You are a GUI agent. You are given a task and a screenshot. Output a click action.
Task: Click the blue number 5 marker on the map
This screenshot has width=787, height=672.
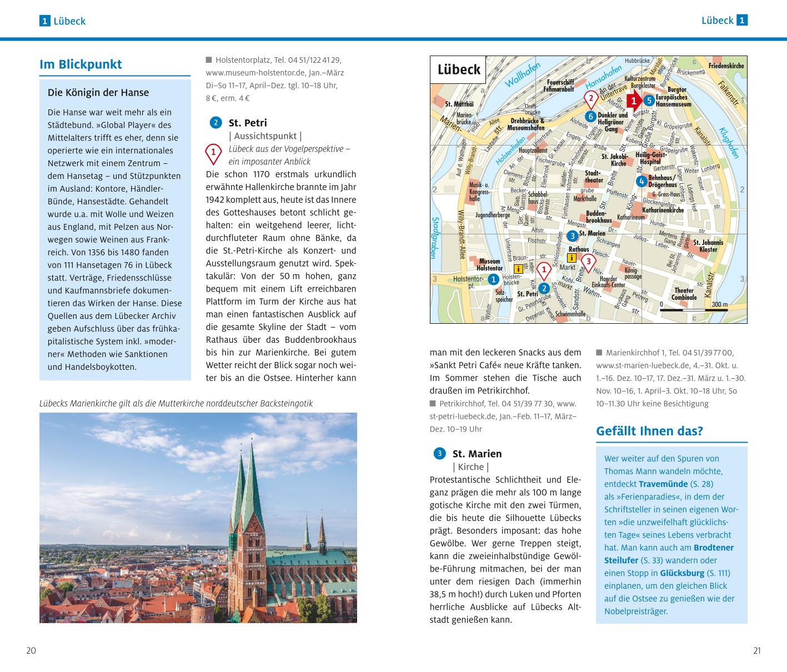pyautogui.click(x=649, y=101)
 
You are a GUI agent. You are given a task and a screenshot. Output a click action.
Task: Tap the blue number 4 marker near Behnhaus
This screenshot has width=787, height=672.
pyautogui.click(x=641, y=181)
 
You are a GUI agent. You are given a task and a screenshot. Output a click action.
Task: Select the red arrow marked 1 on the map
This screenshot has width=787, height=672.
pyautogui.click(x=634, y=100)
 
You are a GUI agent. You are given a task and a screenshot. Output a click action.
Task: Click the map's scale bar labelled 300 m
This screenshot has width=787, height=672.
pyautogui.click(x=694, y=309)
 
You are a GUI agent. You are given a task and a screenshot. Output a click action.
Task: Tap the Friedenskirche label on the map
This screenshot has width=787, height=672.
pyautogui.click(x=726, y=66)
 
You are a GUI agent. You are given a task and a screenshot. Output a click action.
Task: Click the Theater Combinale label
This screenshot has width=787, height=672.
pyautogui.click(x=684, y=294)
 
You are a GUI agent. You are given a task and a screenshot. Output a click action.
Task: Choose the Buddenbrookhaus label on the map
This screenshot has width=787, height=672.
pyautogui.click(x=599, y=217)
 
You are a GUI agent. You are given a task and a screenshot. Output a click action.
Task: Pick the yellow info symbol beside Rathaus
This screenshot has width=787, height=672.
pyautogui.click(x=570, y=258)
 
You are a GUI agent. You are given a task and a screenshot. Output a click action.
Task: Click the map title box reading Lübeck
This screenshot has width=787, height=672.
pyautogui.click(x=458, y=69)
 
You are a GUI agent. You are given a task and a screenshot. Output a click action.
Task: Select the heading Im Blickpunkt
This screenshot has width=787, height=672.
pyautogui.click(x=81, y=64)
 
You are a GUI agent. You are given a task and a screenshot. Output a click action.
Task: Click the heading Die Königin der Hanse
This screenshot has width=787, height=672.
pyautogui.click(x=98, y=93)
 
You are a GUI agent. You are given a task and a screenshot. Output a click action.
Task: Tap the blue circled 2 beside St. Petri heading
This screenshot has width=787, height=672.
pyautogui.click(x=215, y=123)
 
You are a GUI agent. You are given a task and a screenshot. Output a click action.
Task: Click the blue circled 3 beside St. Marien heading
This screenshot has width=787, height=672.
pyautogui.click(x=439, y=454)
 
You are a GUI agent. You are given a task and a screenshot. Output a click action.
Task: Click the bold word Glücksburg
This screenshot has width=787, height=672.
pyautogui.click(x=682, y=573)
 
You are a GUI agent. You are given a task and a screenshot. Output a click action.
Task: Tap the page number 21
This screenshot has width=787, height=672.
pyautogui.click(x=756, y=651)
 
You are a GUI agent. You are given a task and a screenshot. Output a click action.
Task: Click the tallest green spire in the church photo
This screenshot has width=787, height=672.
pyautogui.click(x=252, y=478)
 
